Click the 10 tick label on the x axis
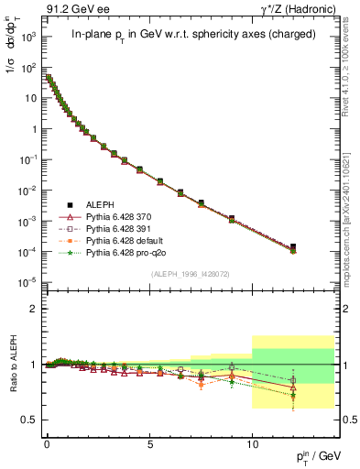click(x=252, y=439)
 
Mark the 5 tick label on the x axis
click(x=149, y=439)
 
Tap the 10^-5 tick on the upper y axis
click(x=27, y=280)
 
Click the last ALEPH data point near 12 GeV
click(x=293, y=246)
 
